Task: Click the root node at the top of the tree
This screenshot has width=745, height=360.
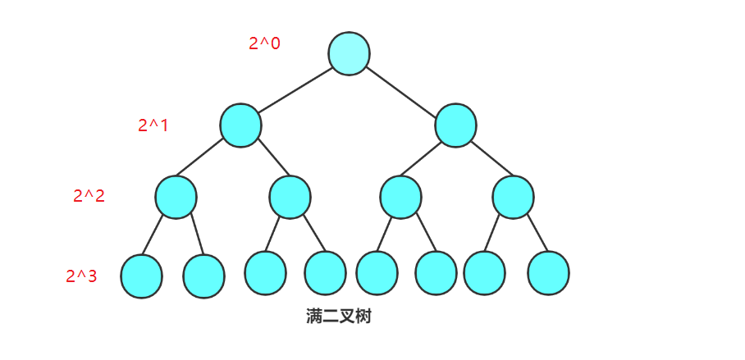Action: click(349, 53)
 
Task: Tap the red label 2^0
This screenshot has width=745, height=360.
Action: click(264, 43)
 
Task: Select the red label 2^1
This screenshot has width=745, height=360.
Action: click(153, 125)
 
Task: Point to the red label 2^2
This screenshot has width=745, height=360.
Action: click(89, 196)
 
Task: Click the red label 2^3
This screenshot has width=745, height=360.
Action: click(81, 276)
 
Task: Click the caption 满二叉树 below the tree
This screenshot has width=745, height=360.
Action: click(338, 317)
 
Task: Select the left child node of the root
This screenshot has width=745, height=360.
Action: click(240, 125)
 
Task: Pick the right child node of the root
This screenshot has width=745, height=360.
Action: click(455, 125)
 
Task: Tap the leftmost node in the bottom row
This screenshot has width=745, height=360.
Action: click(141, 276)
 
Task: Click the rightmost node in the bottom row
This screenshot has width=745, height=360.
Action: click(548, 273)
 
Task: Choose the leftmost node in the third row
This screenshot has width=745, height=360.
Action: click(176, 197)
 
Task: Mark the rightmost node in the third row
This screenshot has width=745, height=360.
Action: click(514, 197)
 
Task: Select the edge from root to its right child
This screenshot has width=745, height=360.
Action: click(402, 89)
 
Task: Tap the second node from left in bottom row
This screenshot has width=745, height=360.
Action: click(203, 276)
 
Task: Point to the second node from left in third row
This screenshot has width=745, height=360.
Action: click(290, 197)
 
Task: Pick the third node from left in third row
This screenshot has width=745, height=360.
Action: click(400, 197)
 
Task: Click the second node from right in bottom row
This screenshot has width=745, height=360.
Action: click(484, 273)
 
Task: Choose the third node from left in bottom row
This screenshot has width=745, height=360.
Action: click(265, 273)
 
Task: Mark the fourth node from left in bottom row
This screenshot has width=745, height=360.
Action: click(325, 273)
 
